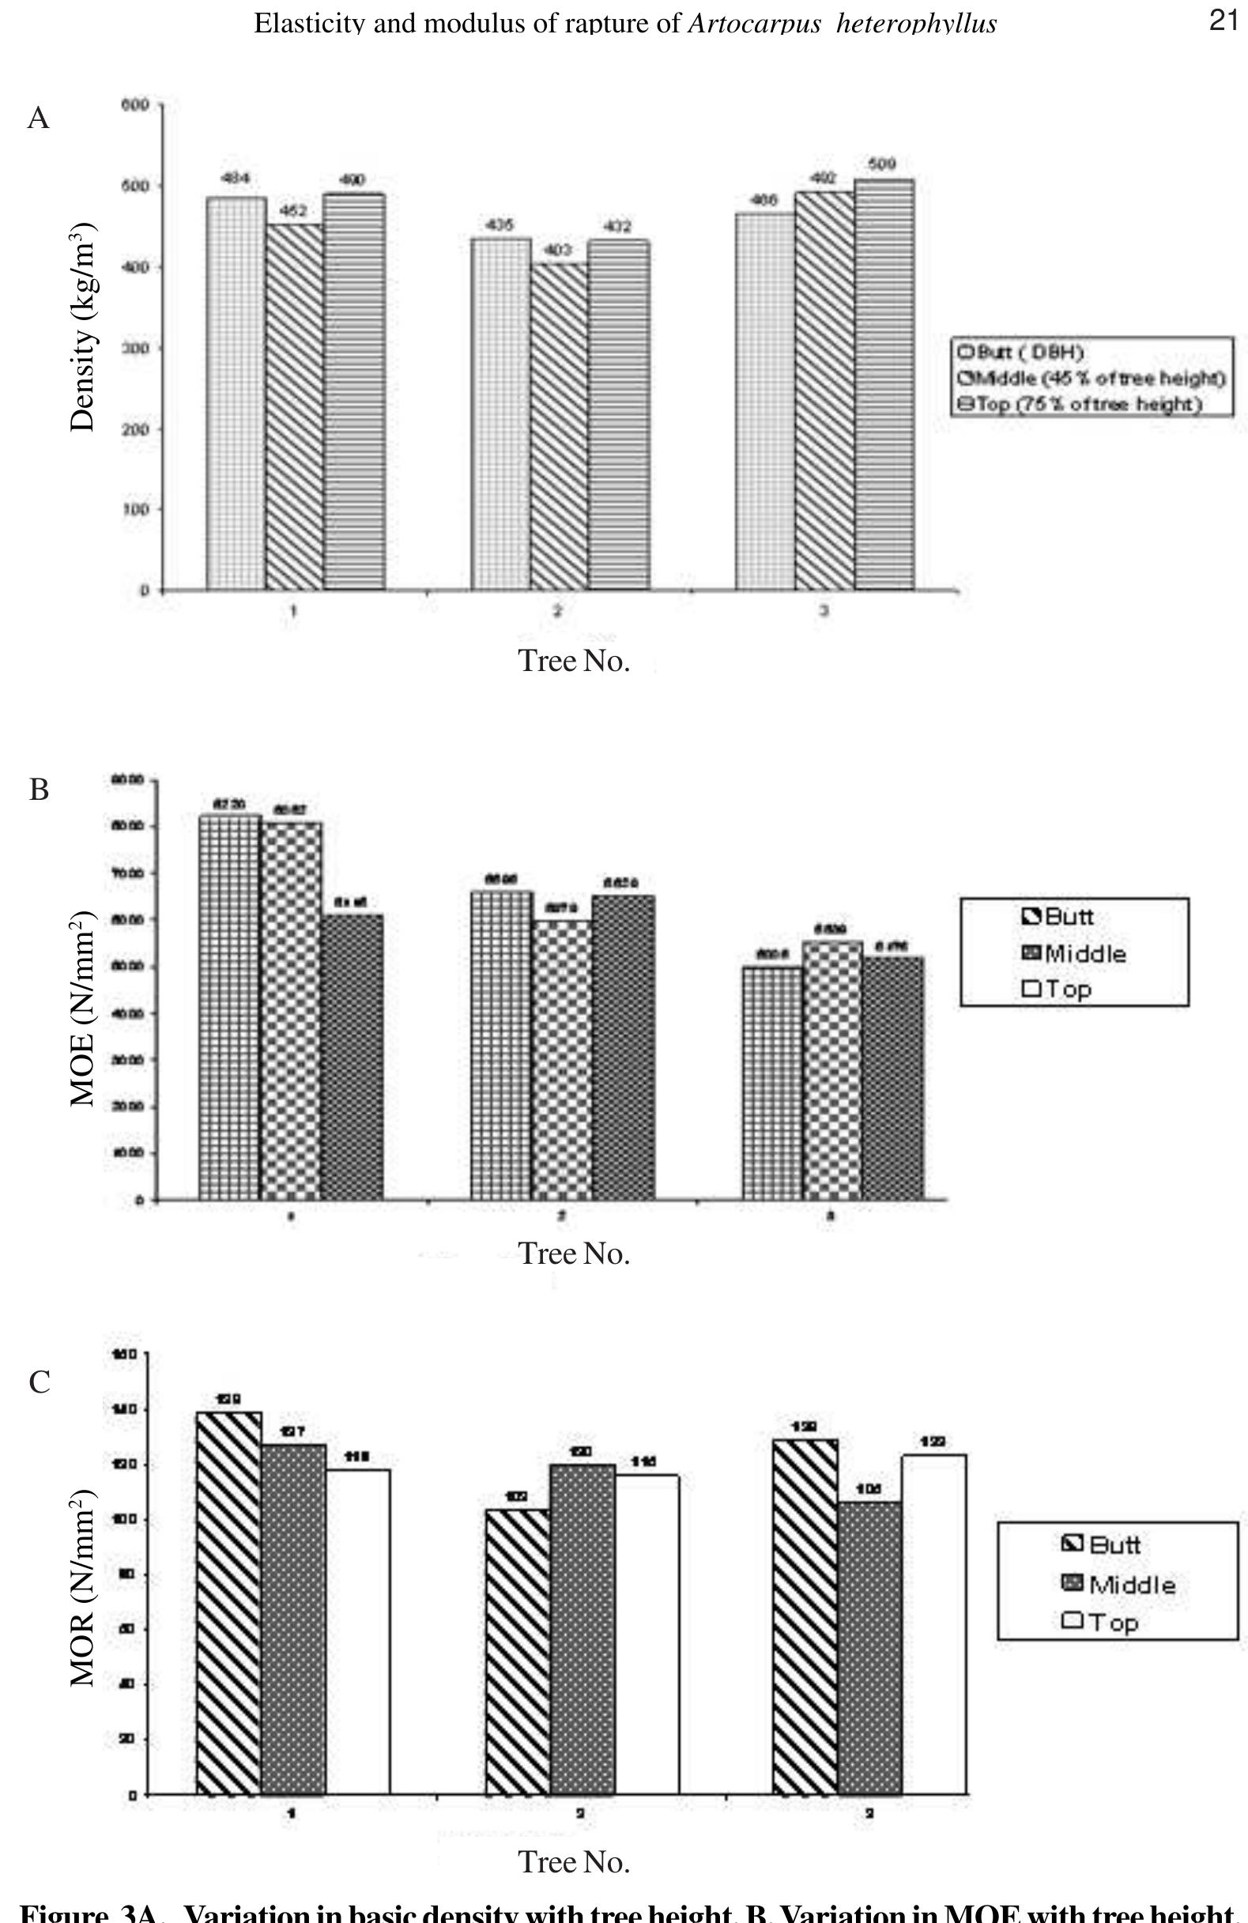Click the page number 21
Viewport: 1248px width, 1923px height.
point(1223,21)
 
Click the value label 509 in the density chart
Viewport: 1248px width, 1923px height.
point(882,165)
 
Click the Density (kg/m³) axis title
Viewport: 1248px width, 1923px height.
point(84,326)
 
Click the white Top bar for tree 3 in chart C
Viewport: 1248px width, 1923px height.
point(933,1624)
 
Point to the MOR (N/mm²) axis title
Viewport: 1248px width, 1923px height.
point(83,1588)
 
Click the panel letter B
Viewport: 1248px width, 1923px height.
point(39,790)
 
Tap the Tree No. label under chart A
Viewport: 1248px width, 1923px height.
point(574,661)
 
